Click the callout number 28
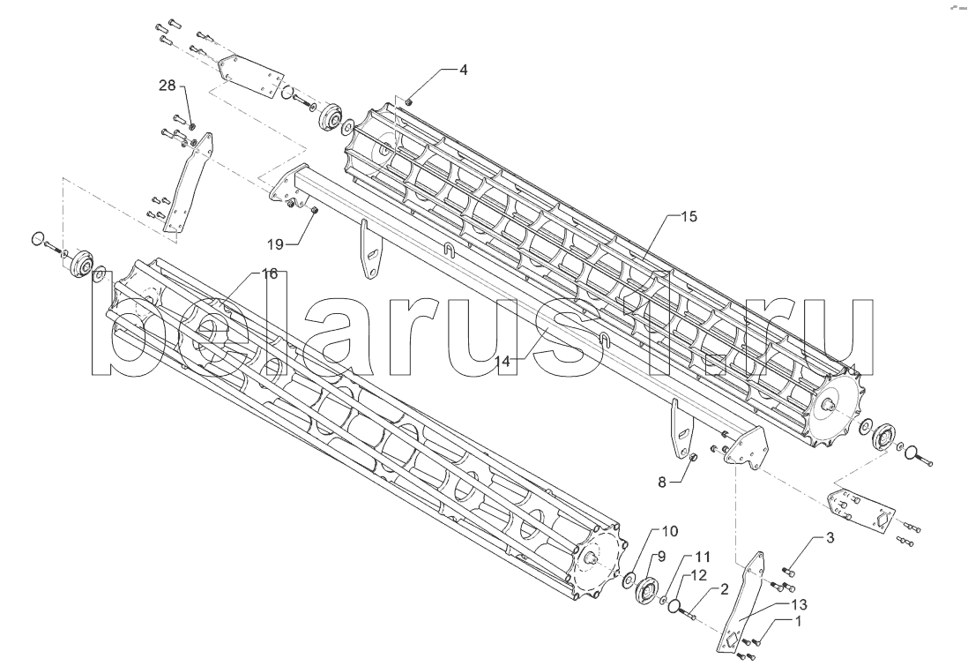pos(168,86)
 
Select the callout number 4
pos(463,70)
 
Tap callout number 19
pos(275,244)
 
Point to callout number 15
pos(689,217)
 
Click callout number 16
pos(269,274)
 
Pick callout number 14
pos(503,362)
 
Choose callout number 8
pos(662,483)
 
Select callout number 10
pos(670,531)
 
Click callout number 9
pos(661,556)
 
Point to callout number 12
pos(698,575)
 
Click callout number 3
pos(830,538)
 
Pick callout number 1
pos(798,622)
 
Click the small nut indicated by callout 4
pos(409,101)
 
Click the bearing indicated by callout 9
pos(646,588)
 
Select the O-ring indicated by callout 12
pos(675,603)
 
